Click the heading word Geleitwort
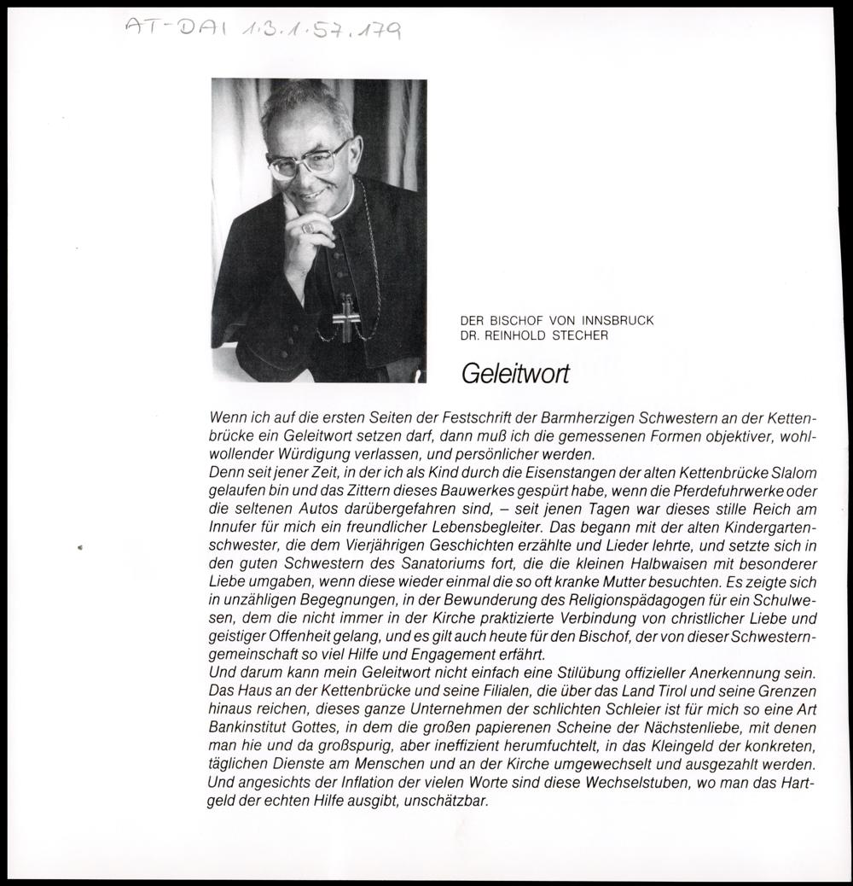514,374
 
